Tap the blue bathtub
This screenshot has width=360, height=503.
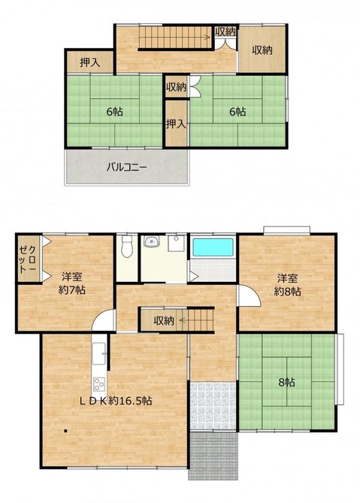213,247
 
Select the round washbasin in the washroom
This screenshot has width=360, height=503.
151,241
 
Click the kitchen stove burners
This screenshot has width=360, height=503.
99,383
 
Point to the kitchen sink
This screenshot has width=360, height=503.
98,353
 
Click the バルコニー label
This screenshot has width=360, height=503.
126,167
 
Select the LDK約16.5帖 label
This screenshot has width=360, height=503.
116,401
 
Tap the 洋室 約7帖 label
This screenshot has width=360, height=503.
72,283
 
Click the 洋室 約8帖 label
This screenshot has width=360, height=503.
287,285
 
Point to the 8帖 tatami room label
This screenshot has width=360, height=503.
287,383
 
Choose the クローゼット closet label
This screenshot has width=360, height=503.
28,259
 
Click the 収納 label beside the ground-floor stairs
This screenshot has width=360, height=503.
164,320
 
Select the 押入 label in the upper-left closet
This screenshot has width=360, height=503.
90,62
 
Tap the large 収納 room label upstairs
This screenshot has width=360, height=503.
262,50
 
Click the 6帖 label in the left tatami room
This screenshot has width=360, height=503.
114,111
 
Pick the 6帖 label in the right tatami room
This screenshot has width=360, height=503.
237,111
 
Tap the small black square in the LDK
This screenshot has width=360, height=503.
65,431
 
